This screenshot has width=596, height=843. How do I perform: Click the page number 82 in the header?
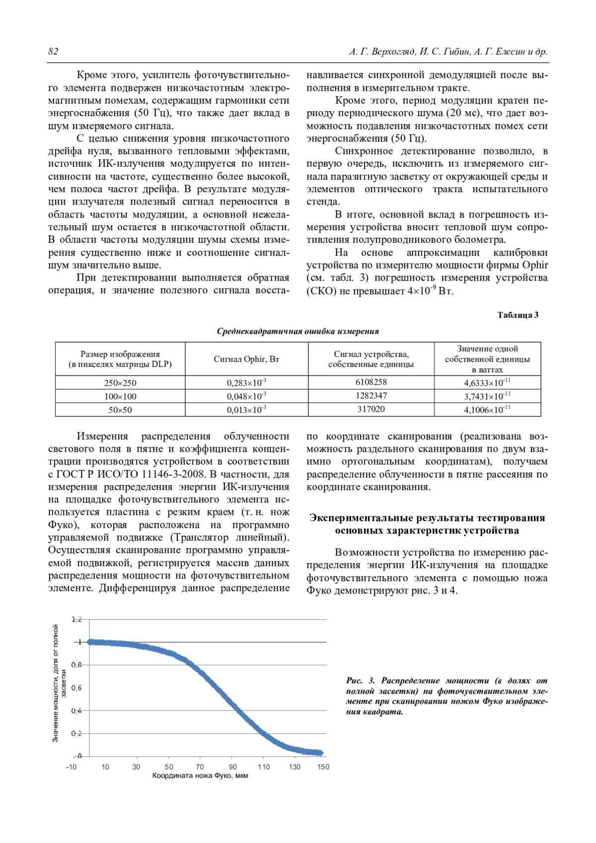tap(53, 52)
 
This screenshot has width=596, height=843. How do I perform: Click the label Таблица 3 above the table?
tap(518, 315)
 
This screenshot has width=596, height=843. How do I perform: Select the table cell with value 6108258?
tap(371, 382)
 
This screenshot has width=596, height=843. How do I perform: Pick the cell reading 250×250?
tap(120, 383)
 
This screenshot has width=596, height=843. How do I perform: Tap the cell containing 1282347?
tap(371, 396)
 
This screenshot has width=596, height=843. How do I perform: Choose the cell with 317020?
tap(371, 410)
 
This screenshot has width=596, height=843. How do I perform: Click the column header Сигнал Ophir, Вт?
tap(246, 359)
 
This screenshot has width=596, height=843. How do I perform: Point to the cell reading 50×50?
tap(120, 410)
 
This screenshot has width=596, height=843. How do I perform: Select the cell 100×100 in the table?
tap(120, 397)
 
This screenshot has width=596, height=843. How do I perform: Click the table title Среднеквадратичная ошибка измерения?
tap(298, 331)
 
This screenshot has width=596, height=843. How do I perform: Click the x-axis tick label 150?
tap(323, 767)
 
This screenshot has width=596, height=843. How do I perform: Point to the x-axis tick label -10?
tap(72, 767)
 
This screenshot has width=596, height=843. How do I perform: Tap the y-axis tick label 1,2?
tap(76, 619)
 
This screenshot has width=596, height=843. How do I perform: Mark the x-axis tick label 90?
tap(232, 767)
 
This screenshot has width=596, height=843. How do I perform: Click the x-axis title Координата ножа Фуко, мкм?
tap(200, 776)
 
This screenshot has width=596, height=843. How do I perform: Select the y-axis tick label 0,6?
tap(76, 688)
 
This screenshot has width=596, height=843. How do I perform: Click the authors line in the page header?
tap(448, 52)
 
